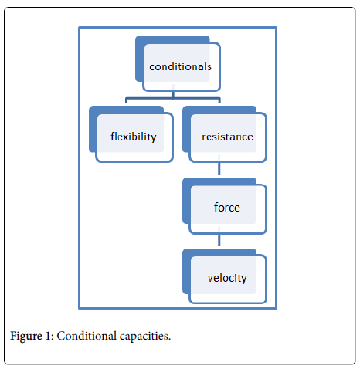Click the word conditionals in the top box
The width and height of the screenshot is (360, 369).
(180, 66)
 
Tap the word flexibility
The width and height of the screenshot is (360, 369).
(134, 137)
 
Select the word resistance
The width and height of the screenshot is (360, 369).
(227, 137)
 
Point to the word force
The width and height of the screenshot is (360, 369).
(227, 207)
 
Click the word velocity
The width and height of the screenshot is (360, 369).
(227, 278)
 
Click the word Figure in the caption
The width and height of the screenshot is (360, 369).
(26, 337)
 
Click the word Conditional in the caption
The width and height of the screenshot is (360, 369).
(87, 336)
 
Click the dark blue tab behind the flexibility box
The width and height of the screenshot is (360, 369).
(93, 129)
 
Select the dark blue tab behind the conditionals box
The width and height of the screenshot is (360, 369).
(140, 59)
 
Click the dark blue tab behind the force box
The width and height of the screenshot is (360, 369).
(186, 201)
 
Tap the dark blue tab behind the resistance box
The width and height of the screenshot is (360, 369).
(186, 129)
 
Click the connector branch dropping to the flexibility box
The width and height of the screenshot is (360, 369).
(126, 100)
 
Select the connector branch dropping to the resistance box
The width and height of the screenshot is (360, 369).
(219, 100)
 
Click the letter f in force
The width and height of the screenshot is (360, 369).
(216, 207)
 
